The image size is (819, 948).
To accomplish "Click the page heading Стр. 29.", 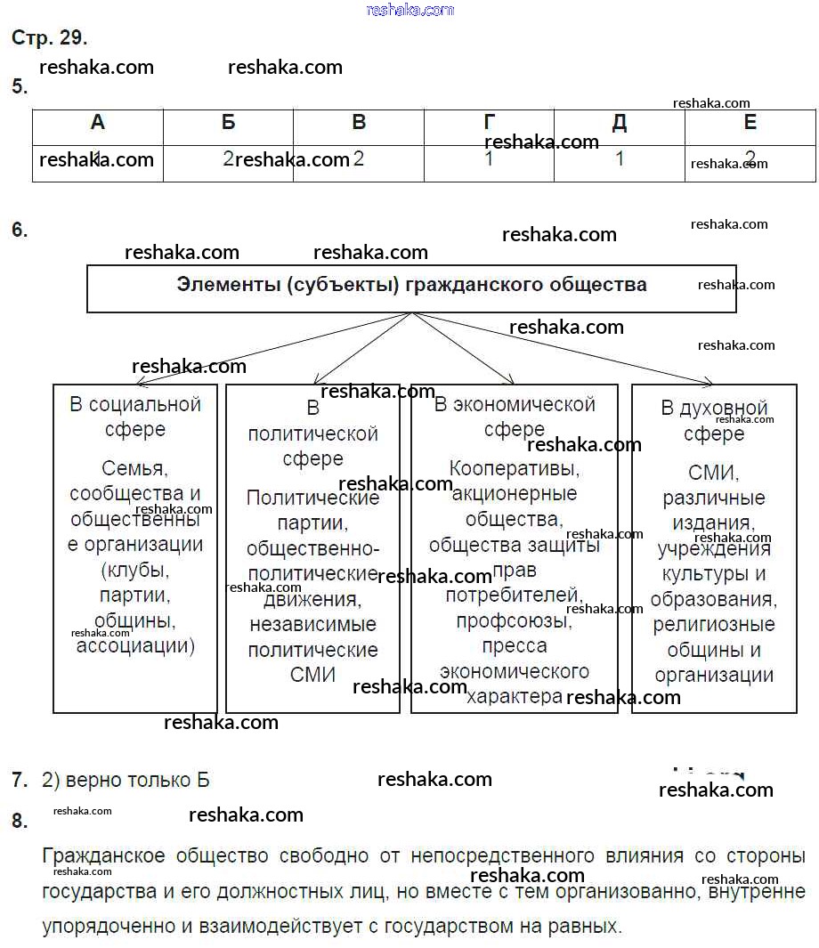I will pyautogui.click(x=49, y=37).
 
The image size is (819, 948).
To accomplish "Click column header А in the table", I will pyautogui.click(x=98, y=123).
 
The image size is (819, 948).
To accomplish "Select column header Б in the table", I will pyautogui.click(x=229, y=123).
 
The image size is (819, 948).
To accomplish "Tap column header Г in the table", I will pyautogui.click(x=489, y=123).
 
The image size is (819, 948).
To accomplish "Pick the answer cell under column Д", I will pyautogui.click(x=620, y=159).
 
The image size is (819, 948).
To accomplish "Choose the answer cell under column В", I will pyautogui.click(x=359, y=159).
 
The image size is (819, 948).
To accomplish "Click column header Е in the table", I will pyautogui.click(x=750, y=123).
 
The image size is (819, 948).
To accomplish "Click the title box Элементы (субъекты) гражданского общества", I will pyautogui.click(x=411, y=287).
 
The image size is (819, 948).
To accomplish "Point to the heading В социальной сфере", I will pyautogui.click(x=135, y=417).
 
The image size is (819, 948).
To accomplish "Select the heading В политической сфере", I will pyautogui.click(x=312, y=433).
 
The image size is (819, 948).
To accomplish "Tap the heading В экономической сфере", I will pyautogui.click(x=515, y=417).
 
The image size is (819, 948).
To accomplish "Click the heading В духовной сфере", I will pyautogui.click(x=714, y=421).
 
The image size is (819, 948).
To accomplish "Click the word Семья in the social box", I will pyautogui.click(x=135, y=467).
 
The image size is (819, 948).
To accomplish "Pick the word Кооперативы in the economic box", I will pyautogui.click(x=515, y=467).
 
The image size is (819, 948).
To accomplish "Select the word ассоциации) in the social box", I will pyautogui.click(x=135, y=645).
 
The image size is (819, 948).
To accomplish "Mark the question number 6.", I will pyautogui.click(x=20, y=230).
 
